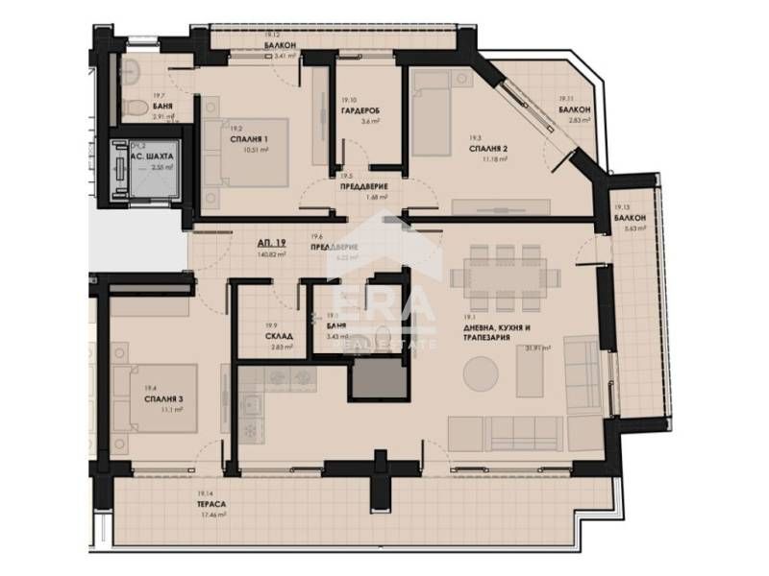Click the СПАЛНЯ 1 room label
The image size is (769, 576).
click(x=248, y=138)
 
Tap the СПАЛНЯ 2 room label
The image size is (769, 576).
click(x=489, y=150)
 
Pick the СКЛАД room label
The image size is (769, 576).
click(x=279, y=337)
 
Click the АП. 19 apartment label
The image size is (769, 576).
click(x=270, y=245)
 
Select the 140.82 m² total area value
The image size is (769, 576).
click(x=273, y=256)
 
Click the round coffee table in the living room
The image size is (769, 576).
click(x=482, y=371)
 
